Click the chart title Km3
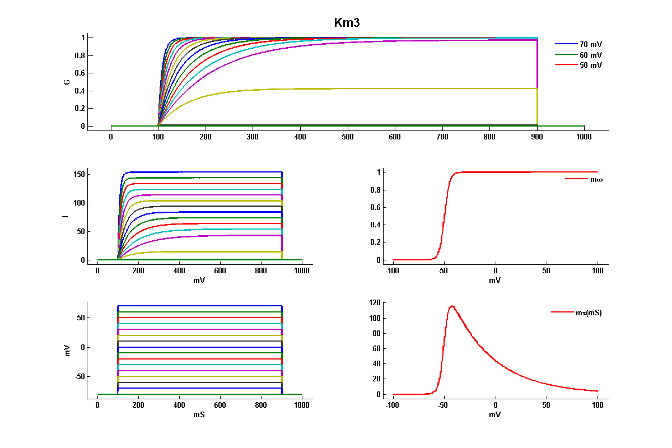click(x=350, y=22)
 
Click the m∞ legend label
click(x=596, y=179)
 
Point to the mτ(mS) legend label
click(x=589, y=313)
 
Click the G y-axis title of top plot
click(x=67, y=82)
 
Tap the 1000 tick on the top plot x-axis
click(x=584, y=137)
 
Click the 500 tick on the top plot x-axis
click(x=348, y=137)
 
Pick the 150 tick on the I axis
click(x=79, y=174)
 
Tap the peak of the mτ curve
click(x=451, y=306)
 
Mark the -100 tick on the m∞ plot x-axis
click(x=393, y=271)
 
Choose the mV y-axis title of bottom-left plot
click(x=67, y=351)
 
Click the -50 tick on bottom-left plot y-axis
click(x=78, y=376)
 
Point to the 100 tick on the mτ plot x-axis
click(x=598, y=405)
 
